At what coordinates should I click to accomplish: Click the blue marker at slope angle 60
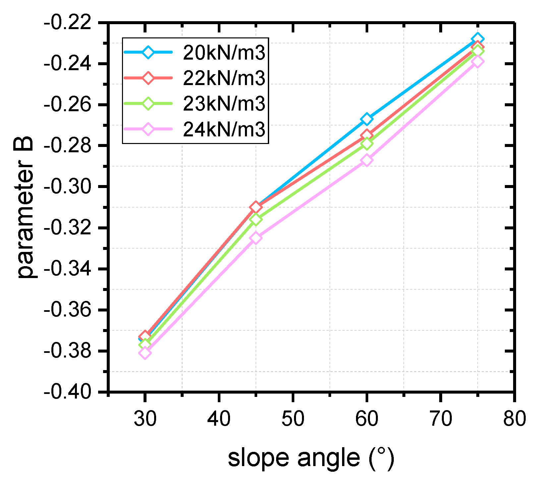[367, 119]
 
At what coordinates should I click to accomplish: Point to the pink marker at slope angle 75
[478, 62]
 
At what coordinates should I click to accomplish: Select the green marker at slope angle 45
[256, 219]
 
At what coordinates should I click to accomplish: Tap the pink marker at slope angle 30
[145, 353]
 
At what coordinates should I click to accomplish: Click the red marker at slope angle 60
[367, 135]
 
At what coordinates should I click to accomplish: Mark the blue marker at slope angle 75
[478, 39]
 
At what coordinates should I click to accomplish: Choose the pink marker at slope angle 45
[256, 238]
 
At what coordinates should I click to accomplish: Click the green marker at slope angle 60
[367, 144]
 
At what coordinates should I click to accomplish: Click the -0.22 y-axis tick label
[68, 23]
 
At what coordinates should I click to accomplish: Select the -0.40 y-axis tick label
[68, 393]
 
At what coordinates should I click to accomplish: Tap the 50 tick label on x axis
[293, 418]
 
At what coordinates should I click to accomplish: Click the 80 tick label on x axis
[514, 418]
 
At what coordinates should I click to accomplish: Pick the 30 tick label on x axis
[145, 418]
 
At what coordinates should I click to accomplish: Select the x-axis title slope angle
[311, 458]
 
